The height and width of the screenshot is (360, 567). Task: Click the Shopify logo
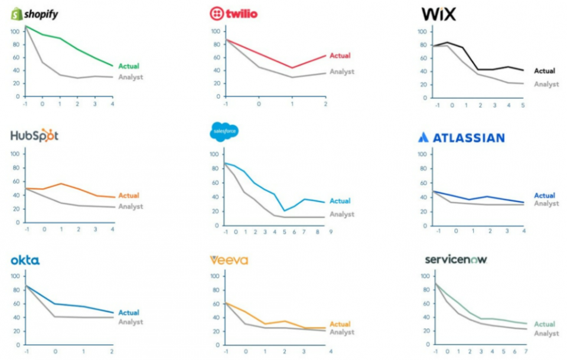point(34,14)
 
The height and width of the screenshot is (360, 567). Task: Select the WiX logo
point(439,14)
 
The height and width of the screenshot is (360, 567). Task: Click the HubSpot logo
point(34,136)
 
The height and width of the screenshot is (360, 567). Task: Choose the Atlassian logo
point(461,138)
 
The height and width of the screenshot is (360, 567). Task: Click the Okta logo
point(25,260)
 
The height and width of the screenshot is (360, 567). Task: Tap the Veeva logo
point(229,260)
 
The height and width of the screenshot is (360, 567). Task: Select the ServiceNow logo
point(456,260)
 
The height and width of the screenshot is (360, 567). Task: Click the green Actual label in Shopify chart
point(129,66)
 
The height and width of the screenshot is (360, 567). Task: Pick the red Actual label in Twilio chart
point(340,56)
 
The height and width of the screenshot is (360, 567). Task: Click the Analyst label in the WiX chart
point(546,84)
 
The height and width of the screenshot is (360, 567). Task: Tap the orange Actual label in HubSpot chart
point(129,196)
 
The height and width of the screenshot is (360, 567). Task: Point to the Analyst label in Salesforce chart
point(342,214)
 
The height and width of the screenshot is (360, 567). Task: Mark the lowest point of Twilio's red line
point(292,67)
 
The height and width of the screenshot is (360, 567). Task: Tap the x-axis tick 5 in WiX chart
point(523,105)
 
